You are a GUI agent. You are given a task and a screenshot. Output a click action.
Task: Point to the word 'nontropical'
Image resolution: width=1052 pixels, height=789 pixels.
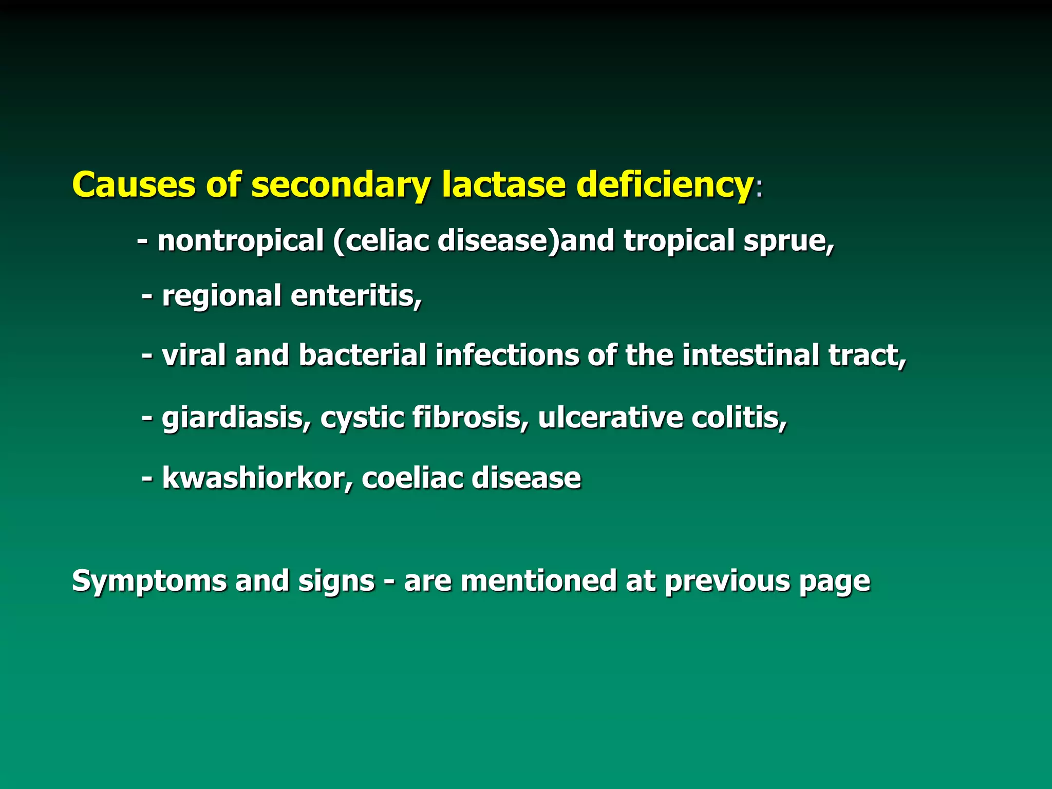click(240, 240)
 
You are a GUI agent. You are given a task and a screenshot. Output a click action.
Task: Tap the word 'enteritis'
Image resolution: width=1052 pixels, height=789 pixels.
click(356, 296)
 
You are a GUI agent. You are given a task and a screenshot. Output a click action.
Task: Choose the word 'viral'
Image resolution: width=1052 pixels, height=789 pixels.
click(194, 355)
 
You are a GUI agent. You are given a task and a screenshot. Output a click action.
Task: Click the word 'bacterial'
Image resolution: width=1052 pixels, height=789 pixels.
click(362, 355)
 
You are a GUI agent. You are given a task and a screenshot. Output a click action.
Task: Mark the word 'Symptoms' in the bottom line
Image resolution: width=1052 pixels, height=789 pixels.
click(148, 581)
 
